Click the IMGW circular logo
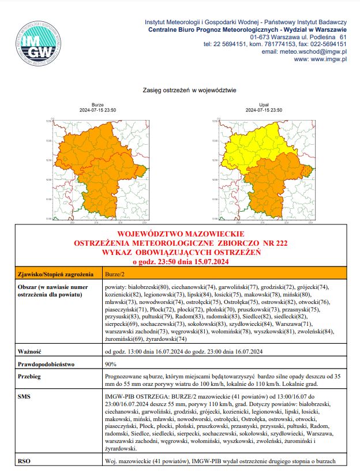tap(39, 44)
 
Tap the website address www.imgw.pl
tap(320, 59)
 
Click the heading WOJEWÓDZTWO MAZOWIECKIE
tap(181, 235)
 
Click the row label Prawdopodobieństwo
tap(44, 365)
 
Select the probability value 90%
tap(111, 365)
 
